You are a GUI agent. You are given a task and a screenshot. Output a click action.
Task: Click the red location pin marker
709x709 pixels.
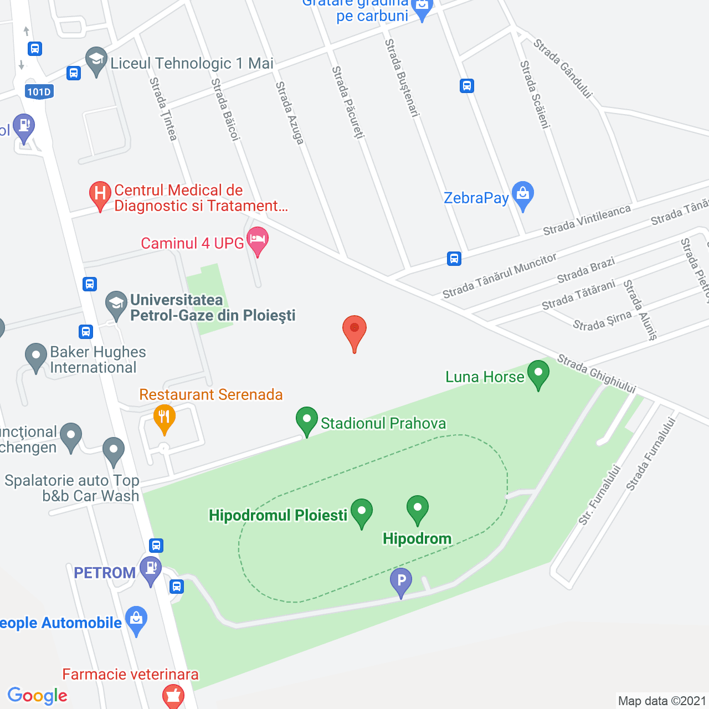[x=354, y=331]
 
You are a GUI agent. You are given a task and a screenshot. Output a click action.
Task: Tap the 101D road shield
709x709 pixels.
[x=39, y=92]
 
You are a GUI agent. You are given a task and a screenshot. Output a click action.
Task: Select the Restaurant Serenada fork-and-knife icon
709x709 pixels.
[x=164, y=417]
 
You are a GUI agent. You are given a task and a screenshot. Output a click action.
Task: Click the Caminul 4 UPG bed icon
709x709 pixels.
[x=258, y=240]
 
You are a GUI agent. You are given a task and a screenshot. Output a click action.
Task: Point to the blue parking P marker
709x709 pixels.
[x=401, y=581]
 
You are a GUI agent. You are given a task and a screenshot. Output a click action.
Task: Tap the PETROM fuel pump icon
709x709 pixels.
[x=150, y=569]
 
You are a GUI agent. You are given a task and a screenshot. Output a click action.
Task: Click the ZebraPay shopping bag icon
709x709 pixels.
[x=523, y=194]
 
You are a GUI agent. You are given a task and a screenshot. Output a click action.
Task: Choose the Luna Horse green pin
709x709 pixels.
[x=538, y=373]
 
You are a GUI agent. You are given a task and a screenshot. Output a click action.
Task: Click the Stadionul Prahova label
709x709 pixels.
[x=383, y=423]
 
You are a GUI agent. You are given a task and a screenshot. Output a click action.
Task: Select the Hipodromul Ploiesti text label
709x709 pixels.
[x=278, y=515]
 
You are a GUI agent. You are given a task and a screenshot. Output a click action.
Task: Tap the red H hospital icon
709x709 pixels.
[x=100, y=194]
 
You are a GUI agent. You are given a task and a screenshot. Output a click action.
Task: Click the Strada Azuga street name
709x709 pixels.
[x=290, y=113]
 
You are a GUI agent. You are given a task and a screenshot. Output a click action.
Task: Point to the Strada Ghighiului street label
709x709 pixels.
[x=597, y=374]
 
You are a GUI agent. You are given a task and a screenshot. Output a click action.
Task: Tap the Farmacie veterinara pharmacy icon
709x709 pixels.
[x=173, y=696]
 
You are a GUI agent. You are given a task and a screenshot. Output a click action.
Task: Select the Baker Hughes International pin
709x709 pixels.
[x=36, y=356]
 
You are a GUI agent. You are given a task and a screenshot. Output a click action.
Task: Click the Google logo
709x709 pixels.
[x=38, y=696]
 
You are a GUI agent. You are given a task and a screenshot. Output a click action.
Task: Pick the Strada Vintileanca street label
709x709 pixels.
[x=587, y=219]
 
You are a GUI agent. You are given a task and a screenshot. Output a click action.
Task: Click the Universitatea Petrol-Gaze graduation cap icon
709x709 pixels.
[x=116, y=304]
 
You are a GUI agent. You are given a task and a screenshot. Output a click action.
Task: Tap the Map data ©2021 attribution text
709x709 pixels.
[x=662, y=701]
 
